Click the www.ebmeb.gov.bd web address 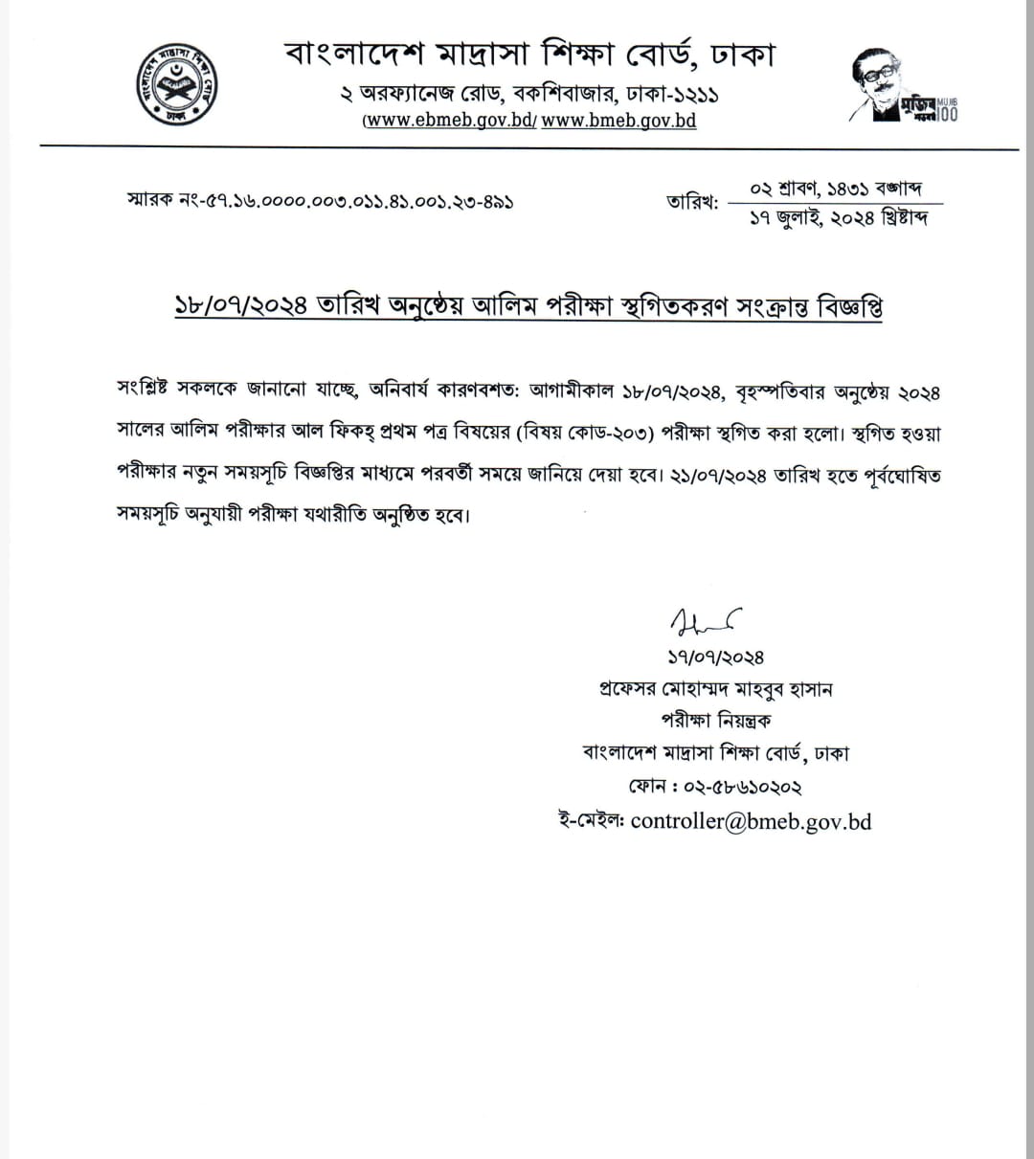[450, 121]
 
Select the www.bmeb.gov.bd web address [618, 121]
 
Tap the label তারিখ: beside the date [691, 203]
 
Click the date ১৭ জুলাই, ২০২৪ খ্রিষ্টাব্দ [838, 218]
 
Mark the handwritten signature [705, 624]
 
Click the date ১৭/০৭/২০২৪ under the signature [715, 658]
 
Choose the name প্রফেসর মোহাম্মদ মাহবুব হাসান [713, 689]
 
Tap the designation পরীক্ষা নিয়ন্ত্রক [715, 722]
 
